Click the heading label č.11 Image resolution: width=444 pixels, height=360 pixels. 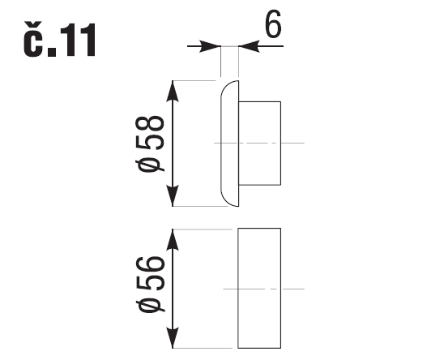point(60,39)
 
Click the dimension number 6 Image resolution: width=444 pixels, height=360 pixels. point(273,24)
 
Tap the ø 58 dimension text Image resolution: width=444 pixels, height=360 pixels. point(150,144)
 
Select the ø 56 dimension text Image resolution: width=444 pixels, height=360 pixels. point(150,285)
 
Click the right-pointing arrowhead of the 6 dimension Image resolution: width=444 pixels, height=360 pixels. point(211,46)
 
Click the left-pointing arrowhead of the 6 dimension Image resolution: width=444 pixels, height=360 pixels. point(249,46)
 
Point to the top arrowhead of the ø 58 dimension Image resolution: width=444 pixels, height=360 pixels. point(173,91)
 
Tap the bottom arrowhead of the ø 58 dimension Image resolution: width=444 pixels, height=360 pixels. point(173,196)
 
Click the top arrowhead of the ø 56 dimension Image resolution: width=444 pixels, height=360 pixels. point(173,239)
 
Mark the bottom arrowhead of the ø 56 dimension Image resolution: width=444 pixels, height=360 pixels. point(173,337)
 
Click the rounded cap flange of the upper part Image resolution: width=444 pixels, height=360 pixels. point(238,144)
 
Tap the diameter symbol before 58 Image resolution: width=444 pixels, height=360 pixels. point(150,166)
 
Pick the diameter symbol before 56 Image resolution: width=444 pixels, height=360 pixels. point(150,306)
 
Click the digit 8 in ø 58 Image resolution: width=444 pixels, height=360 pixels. point(150,125)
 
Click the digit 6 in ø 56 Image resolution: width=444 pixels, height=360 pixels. point(150,266)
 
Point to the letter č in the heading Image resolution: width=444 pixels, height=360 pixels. point(33,39)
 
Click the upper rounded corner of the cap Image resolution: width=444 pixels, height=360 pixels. point(226,86)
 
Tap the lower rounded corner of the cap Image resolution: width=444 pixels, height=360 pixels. point(226,201)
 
